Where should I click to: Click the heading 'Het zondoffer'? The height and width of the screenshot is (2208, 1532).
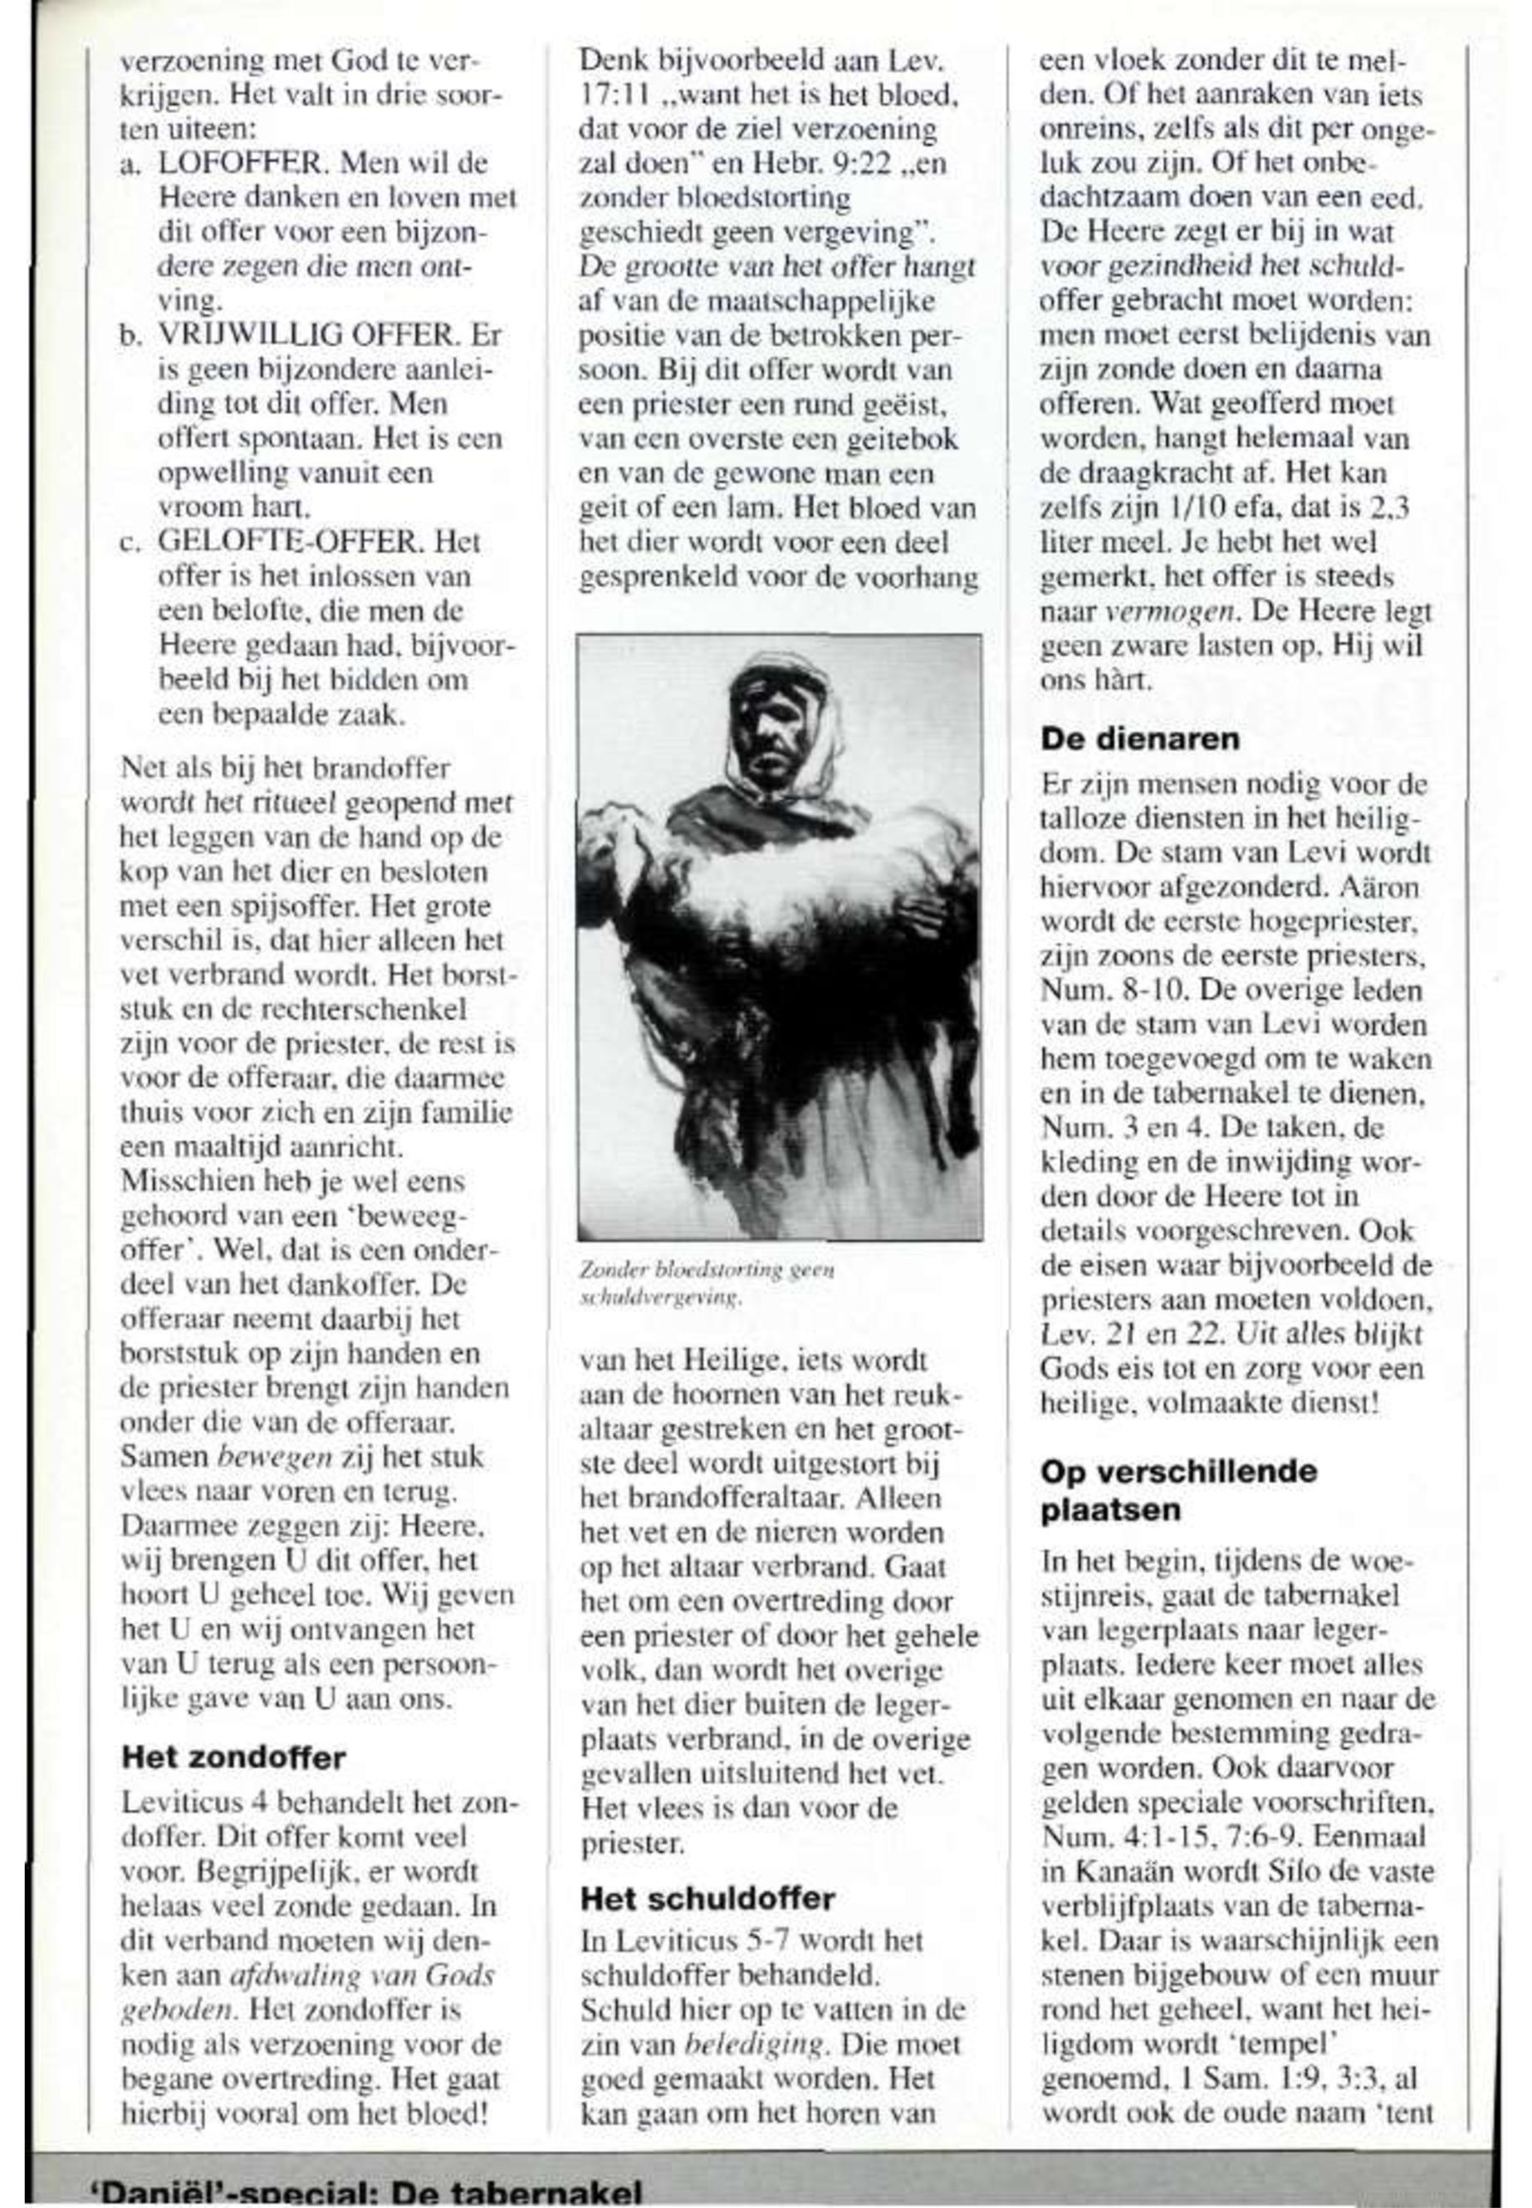tap(233, 1758)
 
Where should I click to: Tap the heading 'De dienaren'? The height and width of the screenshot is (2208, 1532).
tap(1140, 739)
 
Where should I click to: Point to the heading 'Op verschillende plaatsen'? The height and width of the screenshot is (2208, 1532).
tap(1179, 1490)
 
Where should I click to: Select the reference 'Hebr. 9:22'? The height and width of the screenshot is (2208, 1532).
tap(825, 164)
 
